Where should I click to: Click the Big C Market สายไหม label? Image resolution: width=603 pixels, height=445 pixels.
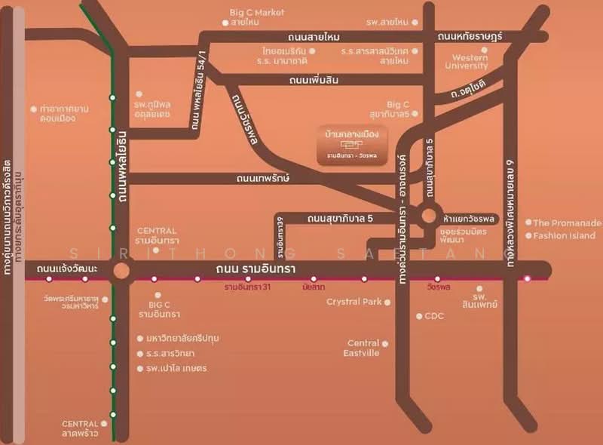(258, 17)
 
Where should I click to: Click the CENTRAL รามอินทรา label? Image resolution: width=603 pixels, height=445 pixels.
(156, 235)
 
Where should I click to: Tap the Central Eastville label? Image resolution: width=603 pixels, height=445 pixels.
(362, 348)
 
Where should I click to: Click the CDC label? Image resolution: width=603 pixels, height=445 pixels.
(434, 316)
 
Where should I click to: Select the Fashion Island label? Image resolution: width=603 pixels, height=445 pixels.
(565, 236)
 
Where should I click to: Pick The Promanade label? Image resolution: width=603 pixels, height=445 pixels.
(567, 223)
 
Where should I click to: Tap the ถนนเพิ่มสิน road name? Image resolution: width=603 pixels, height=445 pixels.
(314, 79)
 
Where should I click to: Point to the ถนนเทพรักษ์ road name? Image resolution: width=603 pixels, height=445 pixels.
(263, 179)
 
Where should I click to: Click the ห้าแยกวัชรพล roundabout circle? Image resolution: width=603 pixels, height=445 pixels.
(428, 216)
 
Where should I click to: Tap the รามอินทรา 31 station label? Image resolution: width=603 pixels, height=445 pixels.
(246, 287)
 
